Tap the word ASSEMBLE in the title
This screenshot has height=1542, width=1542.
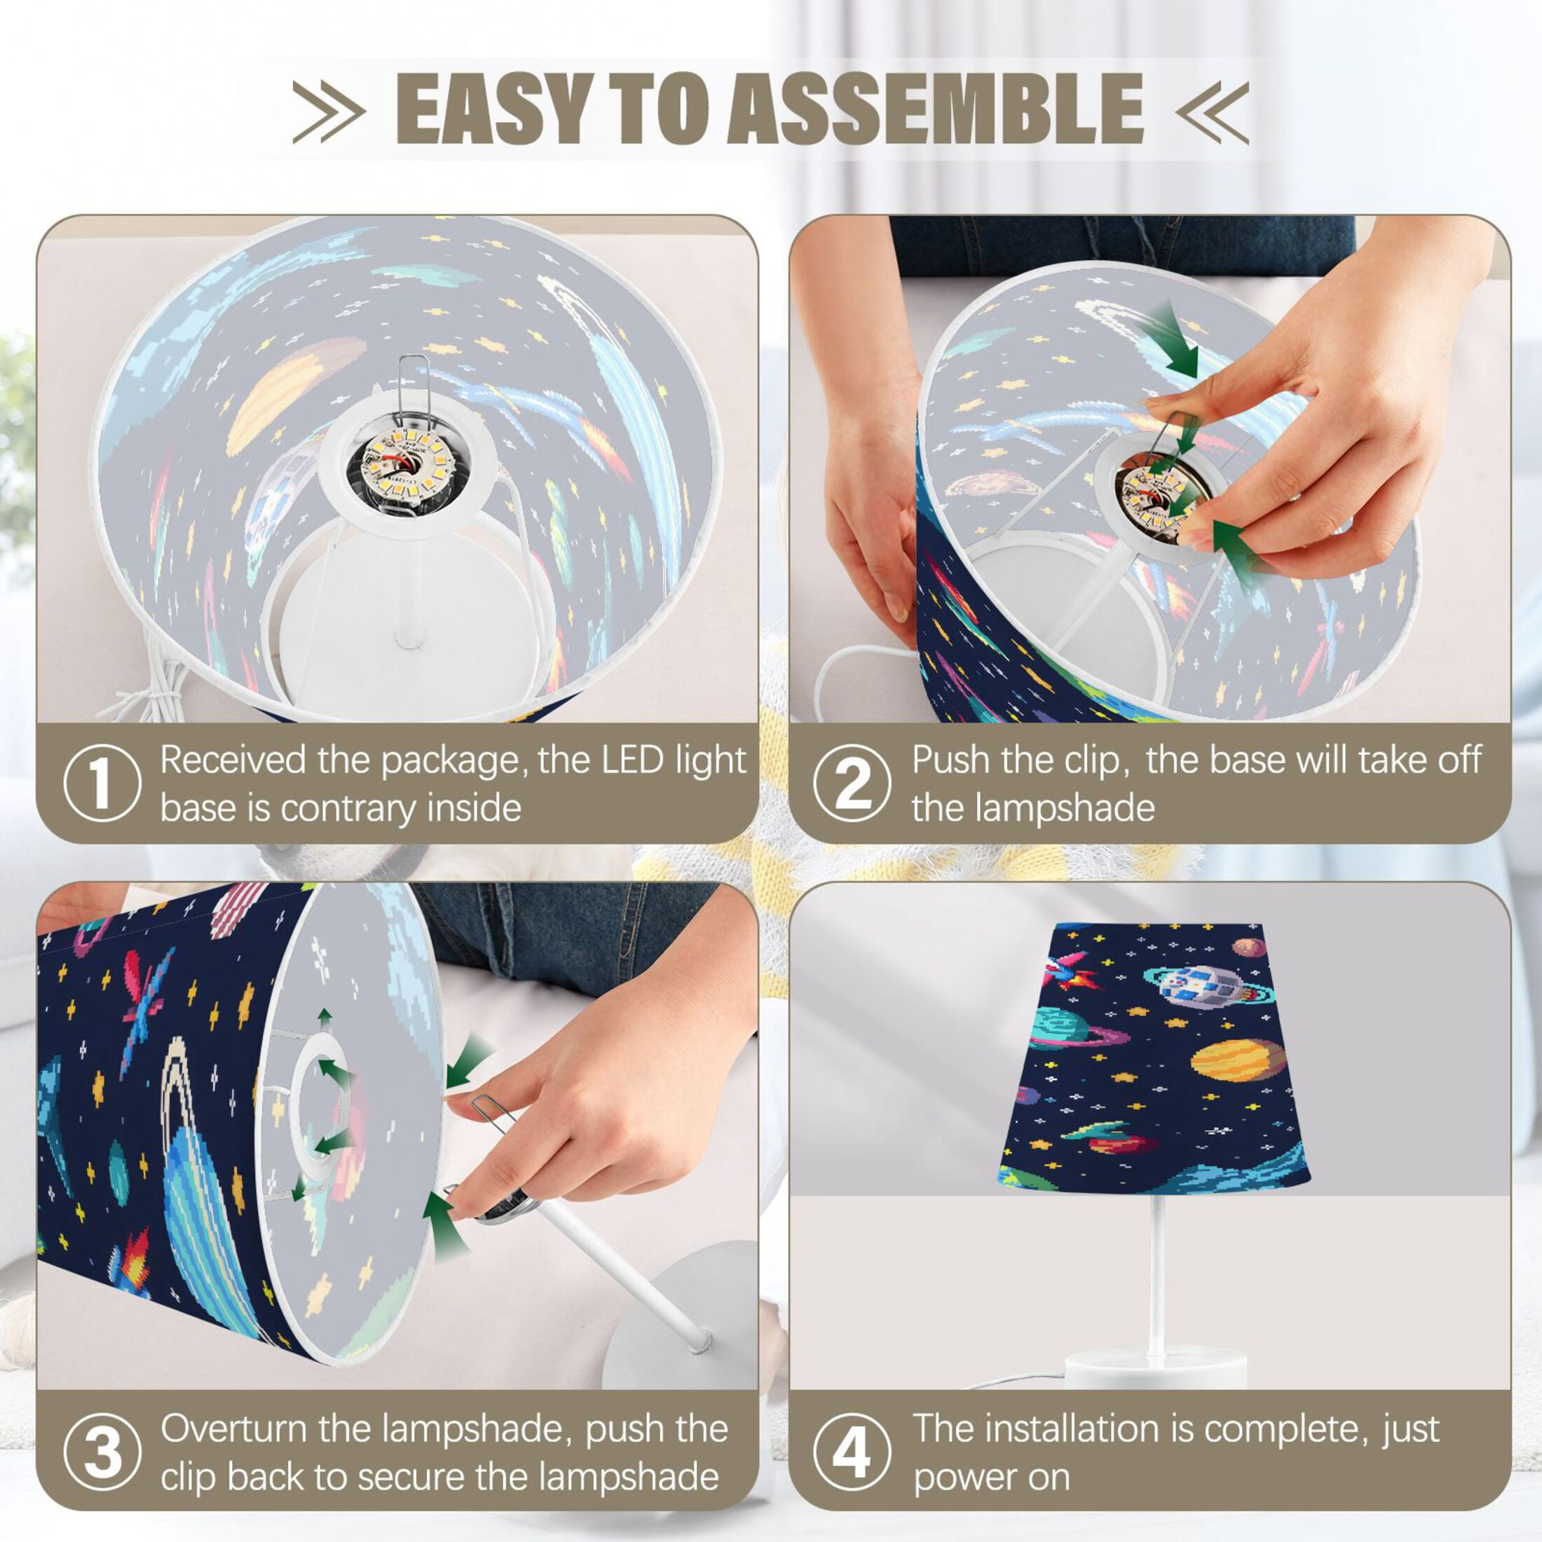[x=934, y=109]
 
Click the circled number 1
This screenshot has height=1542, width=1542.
[x=102, y=783]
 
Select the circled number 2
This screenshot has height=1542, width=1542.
[x=852, y=783]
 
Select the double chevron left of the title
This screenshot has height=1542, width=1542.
[x=329, y=111]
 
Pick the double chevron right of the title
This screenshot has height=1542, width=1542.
[x=1212, y=111]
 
